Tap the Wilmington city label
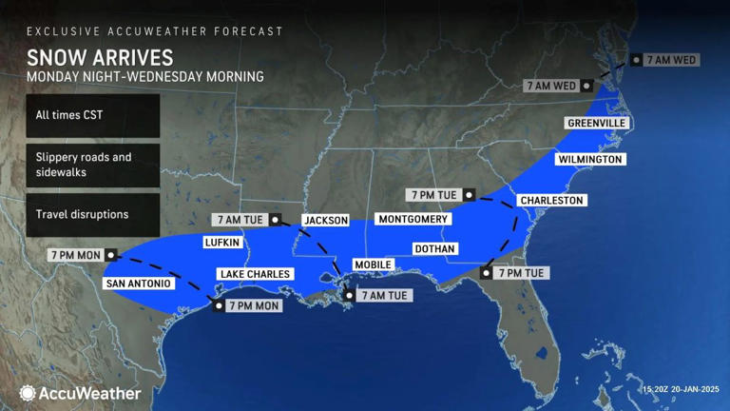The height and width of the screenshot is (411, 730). point(589,159)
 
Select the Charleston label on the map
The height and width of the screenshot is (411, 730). point(551,201)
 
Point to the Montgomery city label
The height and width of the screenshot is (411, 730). point(413,219)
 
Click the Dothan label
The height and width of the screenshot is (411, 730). point(435,248)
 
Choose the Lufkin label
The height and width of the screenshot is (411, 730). point(221,243)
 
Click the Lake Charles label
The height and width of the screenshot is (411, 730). point(255,274)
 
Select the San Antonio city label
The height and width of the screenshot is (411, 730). point(138,284)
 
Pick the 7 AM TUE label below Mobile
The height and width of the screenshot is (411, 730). point(384,295)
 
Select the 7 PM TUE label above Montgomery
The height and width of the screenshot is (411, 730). point(437,195)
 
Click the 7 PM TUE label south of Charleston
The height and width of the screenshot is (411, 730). point(520,273)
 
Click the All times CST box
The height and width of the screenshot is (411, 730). point(92,115)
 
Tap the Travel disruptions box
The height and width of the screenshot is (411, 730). point(92,214)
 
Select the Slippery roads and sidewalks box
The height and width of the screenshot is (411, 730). point(92,165)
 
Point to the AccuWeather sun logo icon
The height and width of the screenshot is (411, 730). point(28,393)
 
